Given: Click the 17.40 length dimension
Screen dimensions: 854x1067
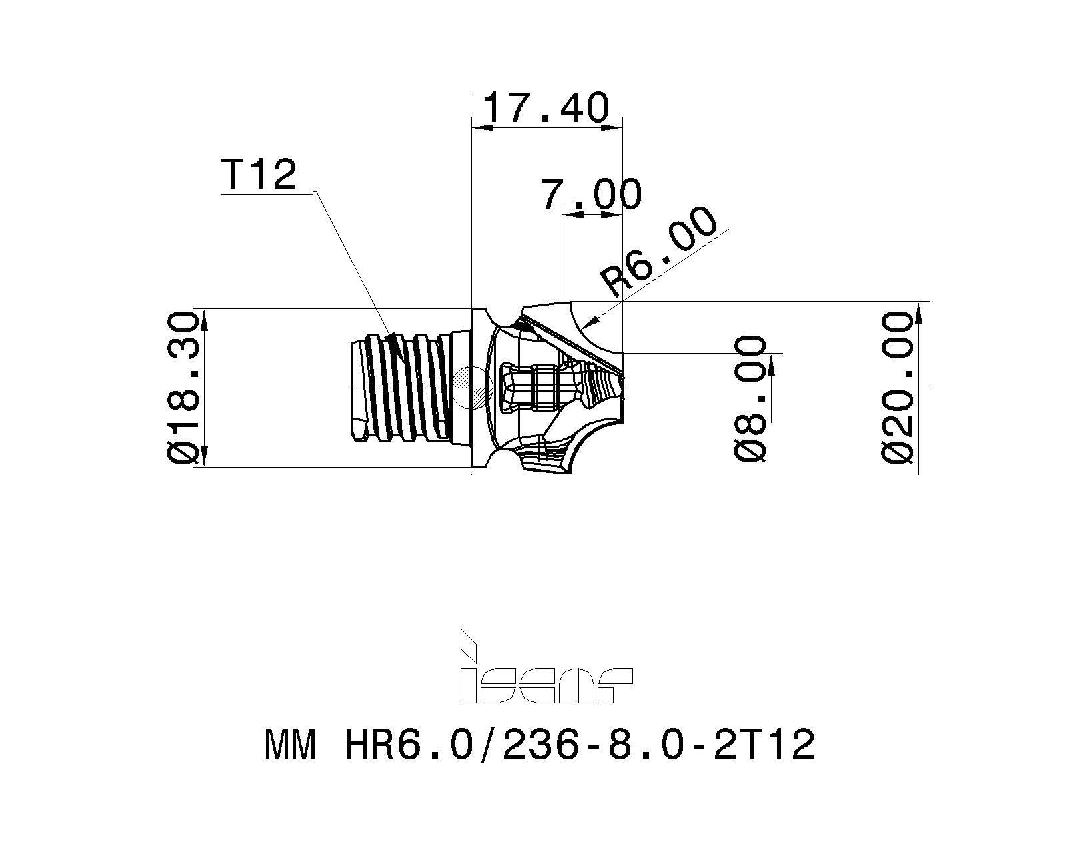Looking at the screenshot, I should tap(546, 108).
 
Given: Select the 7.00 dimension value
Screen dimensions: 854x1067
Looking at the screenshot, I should tap(591, 194).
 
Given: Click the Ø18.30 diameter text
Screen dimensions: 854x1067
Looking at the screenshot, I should tap(182, 387).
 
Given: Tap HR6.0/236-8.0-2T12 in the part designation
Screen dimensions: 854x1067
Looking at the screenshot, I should tap(579, 745).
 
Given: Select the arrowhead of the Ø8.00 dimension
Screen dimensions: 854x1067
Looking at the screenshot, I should tap(772, 364).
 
